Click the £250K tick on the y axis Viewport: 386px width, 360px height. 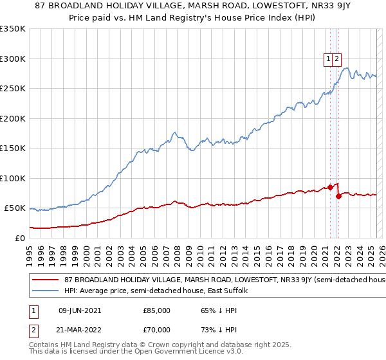[13, 88]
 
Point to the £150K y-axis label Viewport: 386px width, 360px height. [13, 148]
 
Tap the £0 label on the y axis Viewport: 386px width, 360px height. [19, 238]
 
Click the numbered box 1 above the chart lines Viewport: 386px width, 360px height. [329, 59]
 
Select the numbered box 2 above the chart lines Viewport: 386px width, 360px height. [337, 59]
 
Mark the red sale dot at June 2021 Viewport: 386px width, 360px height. [331, 188]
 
